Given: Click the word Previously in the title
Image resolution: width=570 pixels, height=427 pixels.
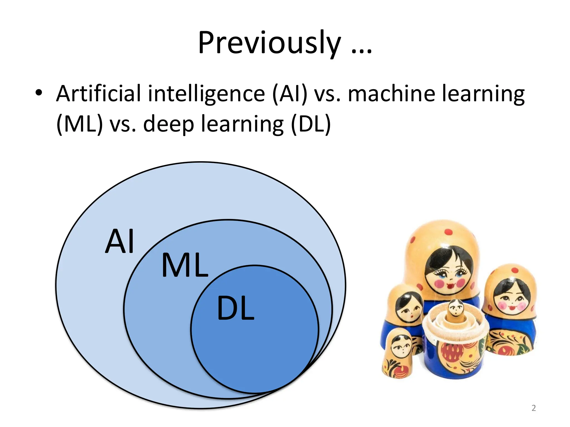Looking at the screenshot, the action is click(269, 43).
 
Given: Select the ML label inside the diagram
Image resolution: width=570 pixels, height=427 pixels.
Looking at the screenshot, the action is click(185, 265).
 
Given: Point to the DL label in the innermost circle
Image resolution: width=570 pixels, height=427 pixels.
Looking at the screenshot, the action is click(235, 308).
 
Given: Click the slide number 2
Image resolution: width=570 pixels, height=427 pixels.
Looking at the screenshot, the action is click(534, 408).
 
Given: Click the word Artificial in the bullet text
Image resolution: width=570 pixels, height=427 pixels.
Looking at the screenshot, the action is click(99, 94).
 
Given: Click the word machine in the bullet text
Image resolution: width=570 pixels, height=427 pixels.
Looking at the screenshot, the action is click(391, 94).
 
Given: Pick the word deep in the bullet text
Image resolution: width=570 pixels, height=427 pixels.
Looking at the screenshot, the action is click(168, 124).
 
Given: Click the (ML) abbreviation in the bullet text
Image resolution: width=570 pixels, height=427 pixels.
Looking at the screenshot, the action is click(80, 124).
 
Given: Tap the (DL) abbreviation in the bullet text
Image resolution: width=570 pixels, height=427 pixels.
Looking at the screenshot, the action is click(311, 124).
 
